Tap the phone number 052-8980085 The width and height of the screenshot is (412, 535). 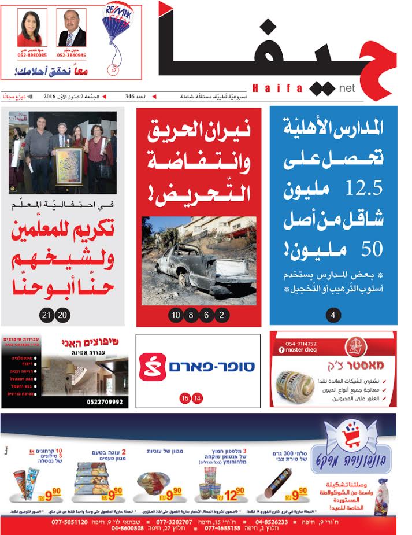32,56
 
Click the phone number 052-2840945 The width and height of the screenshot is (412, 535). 72,56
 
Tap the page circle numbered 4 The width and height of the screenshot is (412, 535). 333,315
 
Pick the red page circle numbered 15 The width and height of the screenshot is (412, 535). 185,398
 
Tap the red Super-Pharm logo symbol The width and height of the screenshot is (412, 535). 153,366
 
